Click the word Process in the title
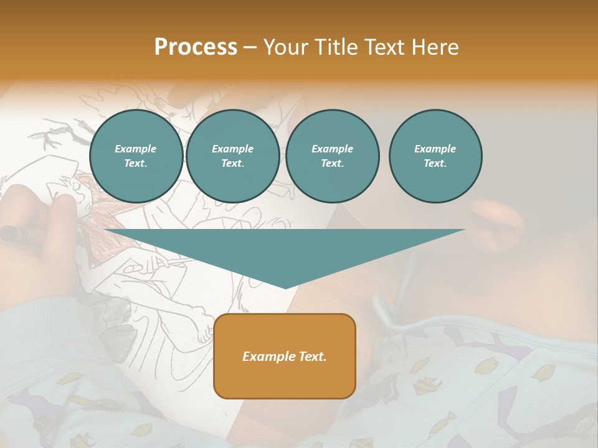click(x=196, y=47)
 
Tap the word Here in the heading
click(x=435, y=47)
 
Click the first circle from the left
click(x=136, y=156)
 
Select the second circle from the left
click(x=233, y=156)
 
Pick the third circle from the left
click(x=333, y=156)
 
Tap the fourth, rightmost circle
click(x=435, y=156)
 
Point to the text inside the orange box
click(x=285, y=357)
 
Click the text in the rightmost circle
click(x=435, y=156)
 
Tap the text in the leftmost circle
click(x=136, y=156)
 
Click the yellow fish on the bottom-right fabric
click(x=543, y=372)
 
